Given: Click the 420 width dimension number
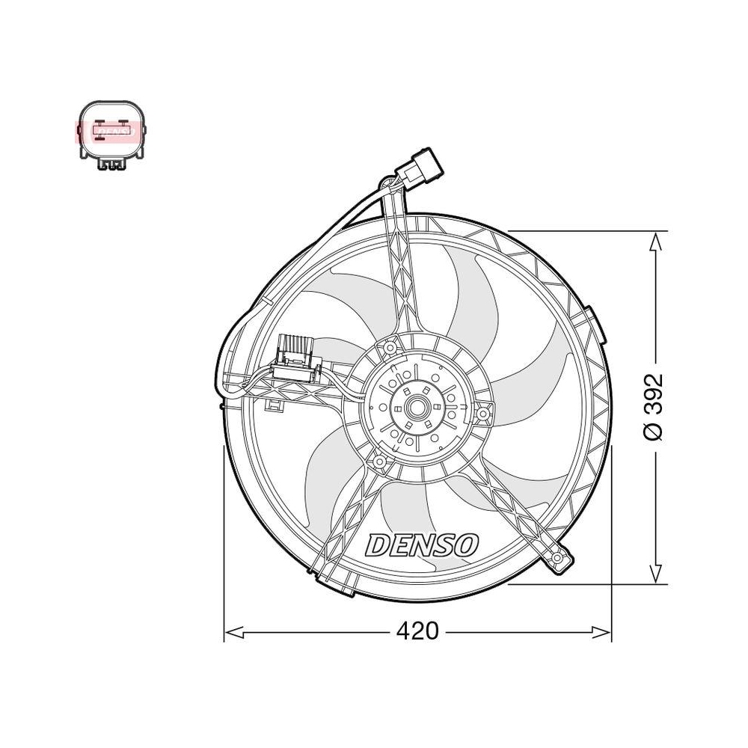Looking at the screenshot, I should point(417,631).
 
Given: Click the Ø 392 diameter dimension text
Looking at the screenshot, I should point(655,407).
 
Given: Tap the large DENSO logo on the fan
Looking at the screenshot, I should point(422,545).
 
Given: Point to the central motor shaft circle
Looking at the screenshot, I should point(417,408).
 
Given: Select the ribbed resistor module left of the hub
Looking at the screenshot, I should point(297,352).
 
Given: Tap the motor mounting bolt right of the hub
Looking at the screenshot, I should point(484,413).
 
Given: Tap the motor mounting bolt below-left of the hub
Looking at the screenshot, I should point(379,463).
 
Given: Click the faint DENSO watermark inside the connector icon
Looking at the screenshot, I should point(111,131).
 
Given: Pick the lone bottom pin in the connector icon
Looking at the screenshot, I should point(111,141).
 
